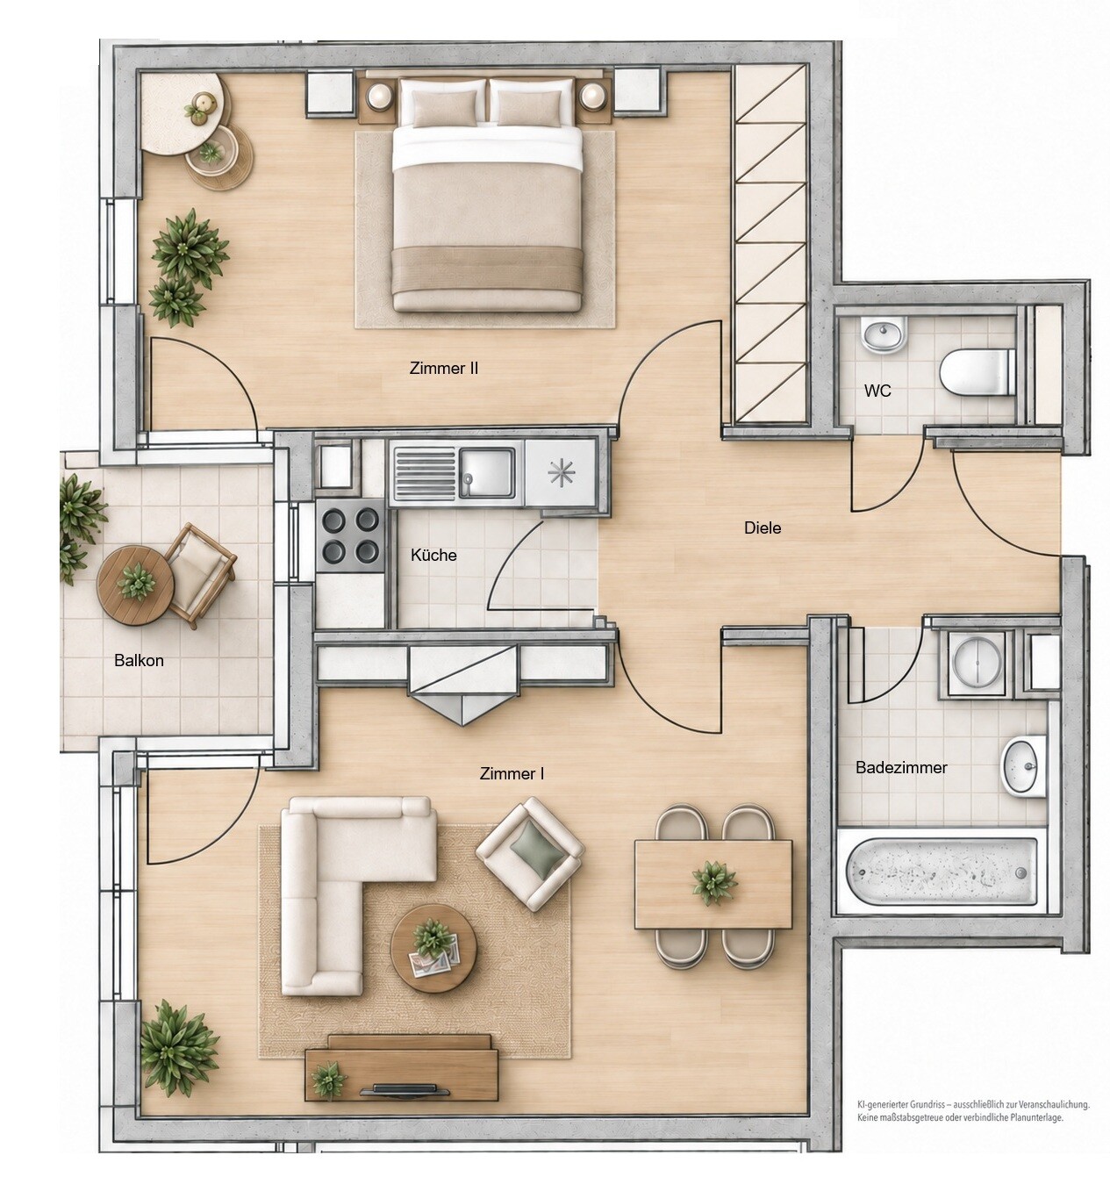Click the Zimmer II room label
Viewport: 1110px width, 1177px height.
pos(443,368)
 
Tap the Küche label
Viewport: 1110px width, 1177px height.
pos(433,556)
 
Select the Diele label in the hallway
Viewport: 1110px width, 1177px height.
pos(763,527)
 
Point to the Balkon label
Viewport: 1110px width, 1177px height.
pos(139,660)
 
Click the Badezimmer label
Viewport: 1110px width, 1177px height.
pos(901,767)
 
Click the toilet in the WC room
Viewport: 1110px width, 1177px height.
pos(978,372)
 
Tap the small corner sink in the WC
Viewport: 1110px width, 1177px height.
pos(884,334)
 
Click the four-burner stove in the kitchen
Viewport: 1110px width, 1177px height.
pos(350,535)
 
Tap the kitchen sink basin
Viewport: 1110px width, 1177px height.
pos(488,473)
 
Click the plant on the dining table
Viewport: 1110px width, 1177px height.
pos(715,881)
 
